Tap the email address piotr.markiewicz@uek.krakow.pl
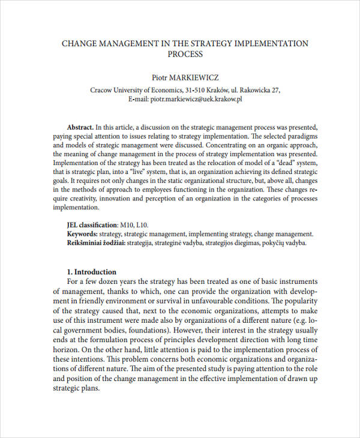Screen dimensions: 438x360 196,99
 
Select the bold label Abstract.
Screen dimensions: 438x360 80,127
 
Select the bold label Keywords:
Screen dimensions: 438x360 82,234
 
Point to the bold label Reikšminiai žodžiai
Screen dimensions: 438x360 97,242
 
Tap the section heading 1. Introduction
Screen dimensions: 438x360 91,272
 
